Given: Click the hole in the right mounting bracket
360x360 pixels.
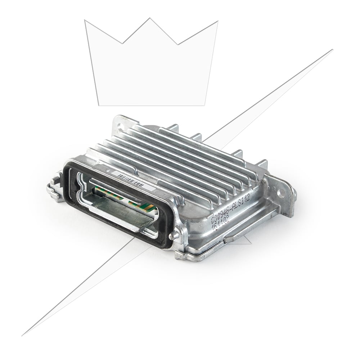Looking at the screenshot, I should pos(281,193).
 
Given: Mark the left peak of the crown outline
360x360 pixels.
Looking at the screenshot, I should pos(85,21).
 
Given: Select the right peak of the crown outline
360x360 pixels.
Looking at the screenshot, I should pos(217,21).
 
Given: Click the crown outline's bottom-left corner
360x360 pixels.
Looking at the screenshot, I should pos(99,105).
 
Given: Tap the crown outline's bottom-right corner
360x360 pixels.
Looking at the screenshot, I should pos(205,105).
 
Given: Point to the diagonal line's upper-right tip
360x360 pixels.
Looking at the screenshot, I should pos(332,50).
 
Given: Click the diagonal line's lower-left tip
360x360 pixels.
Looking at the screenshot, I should pos(22,335).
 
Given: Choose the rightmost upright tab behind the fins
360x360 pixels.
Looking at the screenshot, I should pos(262,164).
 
